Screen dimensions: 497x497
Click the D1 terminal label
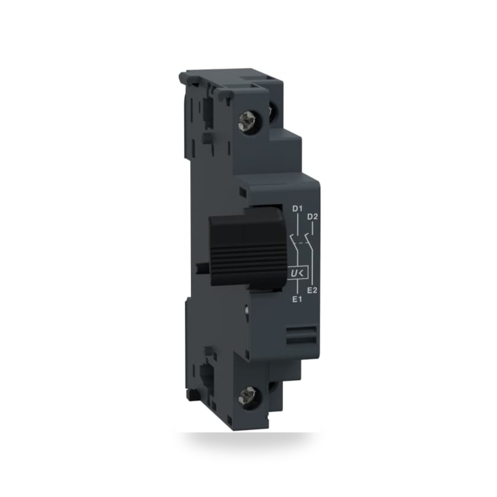click(297, 209)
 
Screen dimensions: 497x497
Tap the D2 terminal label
click(313, 217)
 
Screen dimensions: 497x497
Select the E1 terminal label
click(297, 299)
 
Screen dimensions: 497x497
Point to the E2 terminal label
click(313, 290)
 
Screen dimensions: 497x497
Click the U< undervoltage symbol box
click(298, 273)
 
